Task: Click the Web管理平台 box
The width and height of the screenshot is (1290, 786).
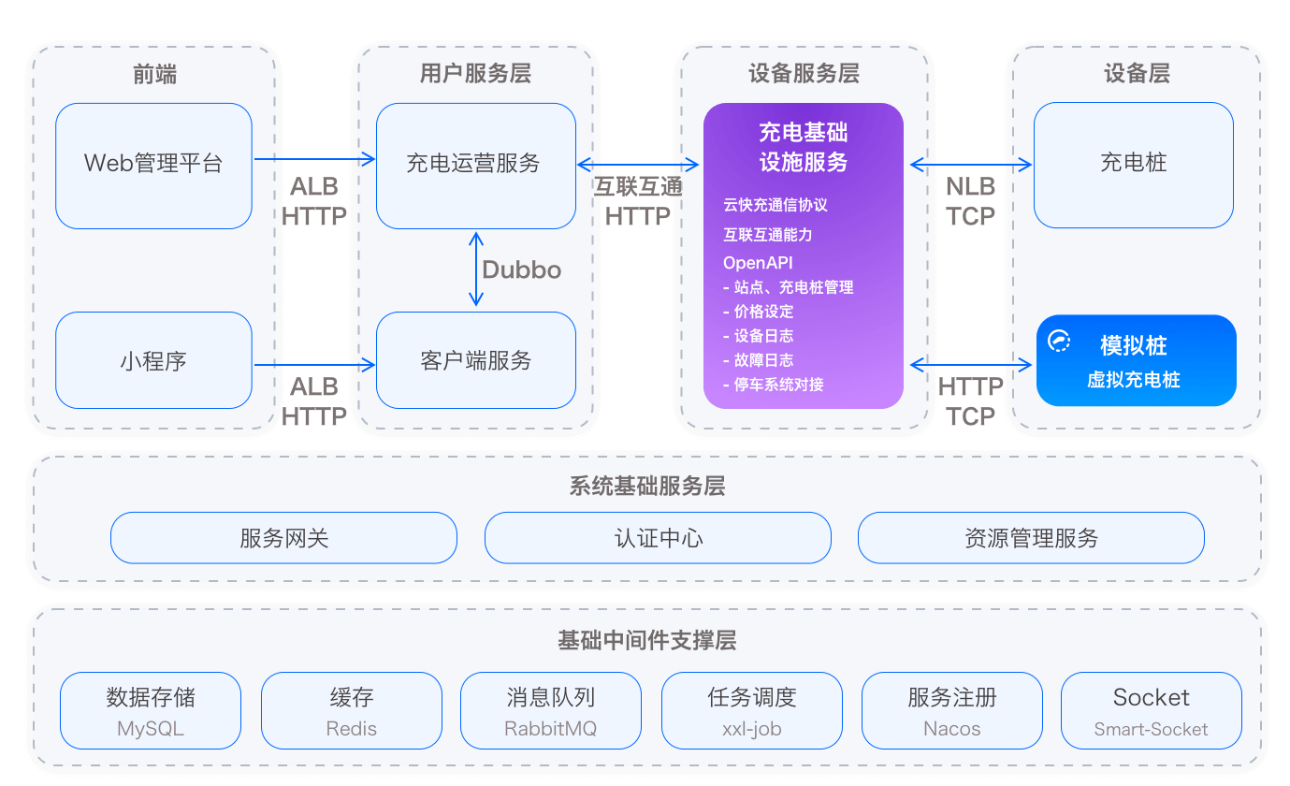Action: coord(153,165)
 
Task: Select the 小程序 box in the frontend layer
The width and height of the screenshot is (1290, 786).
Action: coord(153,360)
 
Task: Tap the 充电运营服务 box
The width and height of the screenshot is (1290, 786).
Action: coord(475,165)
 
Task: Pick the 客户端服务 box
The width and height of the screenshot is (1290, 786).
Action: coord(475,360)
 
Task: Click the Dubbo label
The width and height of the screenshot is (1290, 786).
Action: coord(521,269)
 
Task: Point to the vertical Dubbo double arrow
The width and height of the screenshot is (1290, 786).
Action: coord(476,269)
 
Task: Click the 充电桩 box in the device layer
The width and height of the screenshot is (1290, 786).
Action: coord(1133,165)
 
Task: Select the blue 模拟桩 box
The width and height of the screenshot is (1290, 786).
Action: coord(1136,360)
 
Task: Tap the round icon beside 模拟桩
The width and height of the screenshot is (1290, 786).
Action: coord(1059,342)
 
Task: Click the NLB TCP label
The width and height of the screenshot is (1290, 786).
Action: coord(970,201)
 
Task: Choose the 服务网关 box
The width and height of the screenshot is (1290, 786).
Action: coord(283,538)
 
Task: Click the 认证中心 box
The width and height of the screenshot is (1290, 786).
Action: coord(658,538)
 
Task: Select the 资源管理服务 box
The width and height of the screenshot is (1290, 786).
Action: coord(1031,538)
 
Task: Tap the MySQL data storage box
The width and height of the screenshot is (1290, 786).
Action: coord(151,710)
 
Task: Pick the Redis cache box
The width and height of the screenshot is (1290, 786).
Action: coord(351,710)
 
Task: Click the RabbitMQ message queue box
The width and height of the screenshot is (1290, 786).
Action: coord(551,710)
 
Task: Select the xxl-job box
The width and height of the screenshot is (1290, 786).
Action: coord(751,710)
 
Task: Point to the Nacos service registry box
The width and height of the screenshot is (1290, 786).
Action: coord(951,710)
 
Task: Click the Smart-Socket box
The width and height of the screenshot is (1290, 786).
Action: coord(1151,710)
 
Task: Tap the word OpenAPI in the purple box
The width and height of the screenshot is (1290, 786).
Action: coord(758,263)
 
